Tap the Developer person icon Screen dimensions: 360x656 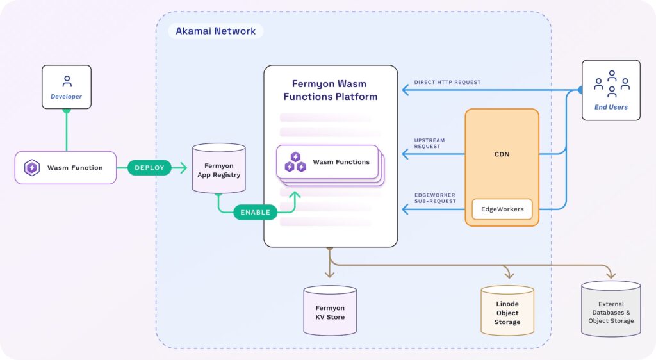pyautogui.click(x=67, y=81)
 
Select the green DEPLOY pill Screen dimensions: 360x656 pyautogui.click(x=149, y=168)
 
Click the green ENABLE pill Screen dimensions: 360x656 pyautogui.click(x=255, y=212)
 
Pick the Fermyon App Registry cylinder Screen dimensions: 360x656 pyautogui.click(x=218, y=169)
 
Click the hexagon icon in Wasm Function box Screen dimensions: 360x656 pyautogui.click(x=31, y=168)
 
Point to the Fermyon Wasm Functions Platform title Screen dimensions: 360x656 pyautogui.click(x=330, y=90)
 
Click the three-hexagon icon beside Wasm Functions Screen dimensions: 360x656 pyautogui.click(x=295, y=162)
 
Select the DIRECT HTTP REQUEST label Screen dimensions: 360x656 pyautogui.click(x=447, y=82)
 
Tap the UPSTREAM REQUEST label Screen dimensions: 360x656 pyautogui.click(x=429, y=143)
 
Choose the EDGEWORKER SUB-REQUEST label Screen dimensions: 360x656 pyautogui.click(x=436, y=198)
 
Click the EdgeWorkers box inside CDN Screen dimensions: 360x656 pyautogui.click(x=502, y=209)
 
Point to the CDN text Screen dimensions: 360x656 pyautogui.click(x=502, y=154)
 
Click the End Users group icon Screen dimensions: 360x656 pyautogui.click(x=611, y=83)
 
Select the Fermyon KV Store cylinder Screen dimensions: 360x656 pyautogui.click(x=330, y=311)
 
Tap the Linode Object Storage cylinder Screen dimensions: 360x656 pyautogui.click(x=507, y=311)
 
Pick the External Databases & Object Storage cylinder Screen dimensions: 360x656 pyautogui.click(x=611, y=309)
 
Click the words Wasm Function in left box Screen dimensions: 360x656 pyautogui.click(x=75, y=168)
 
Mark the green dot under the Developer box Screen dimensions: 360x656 pyautogui.click(x=67, y=110)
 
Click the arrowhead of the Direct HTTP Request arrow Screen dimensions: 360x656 pyautogui.click(x=404, y=90)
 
